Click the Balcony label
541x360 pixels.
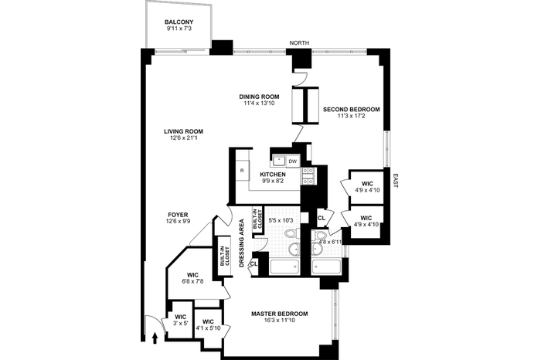coord(179,22)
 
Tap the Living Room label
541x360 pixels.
coord(183,131)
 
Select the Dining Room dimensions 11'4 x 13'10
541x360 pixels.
coord(257,103)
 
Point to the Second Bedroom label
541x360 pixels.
coord(351,110)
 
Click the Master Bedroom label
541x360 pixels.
coord(280,314)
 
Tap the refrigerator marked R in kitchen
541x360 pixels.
coord(242,170)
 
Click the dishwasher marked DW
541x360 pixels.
coord(293,161)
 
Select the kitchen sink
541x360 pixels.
coord(279,161)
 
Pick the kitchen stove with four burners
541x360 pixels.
coord(308,175)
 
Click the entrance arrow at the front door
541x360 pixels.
coord(155,338)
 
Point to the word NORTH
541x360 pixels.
coord(299,42)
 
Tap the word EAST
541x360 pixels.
coord(396,181)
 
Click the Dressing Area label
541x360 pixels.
coord(241,243)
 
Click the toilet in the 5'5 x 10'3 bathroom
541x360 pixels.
coord(293,233)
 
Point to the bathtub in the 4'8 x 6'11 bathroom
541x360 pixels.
coord(326,267)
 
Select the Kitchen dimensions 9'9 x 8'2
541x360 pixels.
coord(273,181)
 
